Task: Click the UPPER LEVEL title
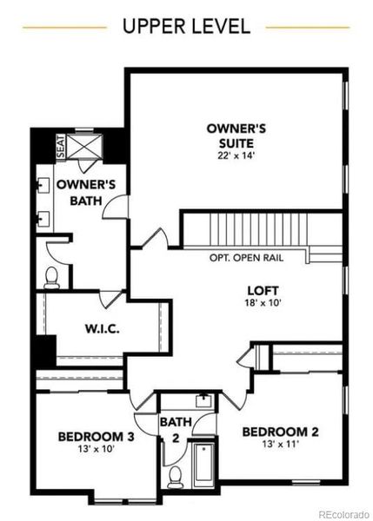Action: tap(186, 26)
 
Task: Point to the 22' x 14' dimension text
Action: tap(236, 156)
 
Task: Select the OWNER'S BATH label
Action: tap(80, 193)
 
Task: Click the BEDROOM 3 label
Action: tap(96, 437)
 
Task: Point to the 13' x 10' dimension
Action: tap(96, 452)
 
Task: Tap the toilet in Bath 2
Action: tap(176, 476)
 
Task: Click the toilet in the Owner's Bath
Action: tap(51, 277)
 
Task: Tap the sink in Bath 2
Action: tap(203, 400)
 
